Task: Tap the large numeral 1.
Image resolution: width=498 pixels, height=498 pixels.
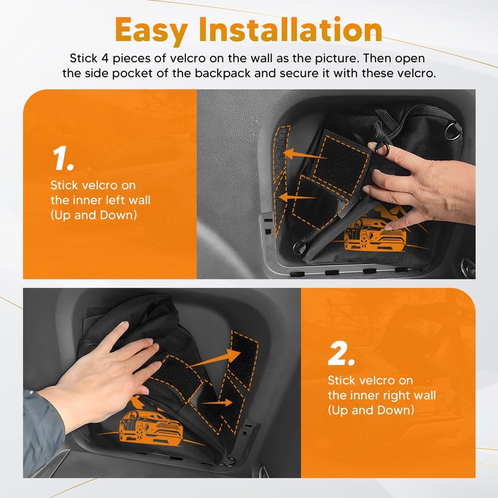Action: pyautogui.click(x=63, y=158)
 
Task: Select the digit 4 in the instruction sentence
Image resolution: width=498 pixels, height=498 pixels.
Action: pyautogui.click(x=105, y=59)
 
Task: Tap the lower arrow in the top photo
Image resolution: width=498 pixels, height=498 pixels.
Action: pyautogui.click(x=297, y=197)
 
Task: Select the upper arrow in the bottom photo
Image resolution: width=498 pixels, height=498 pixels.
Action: pyautogui.click(x=214, y=359)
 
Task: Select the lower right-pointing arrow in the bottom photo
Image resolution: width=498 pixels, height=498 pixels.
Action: pyautogui.click(x=217, y=403)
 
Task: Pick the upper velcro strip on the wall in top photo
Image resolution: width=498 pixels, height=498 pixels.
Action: pyautogui.click(x=281, y=152)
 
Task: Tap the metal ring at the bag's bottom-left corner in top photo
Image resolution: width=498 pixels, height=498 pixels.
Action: pyautogui.click(x=299, y=247)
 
